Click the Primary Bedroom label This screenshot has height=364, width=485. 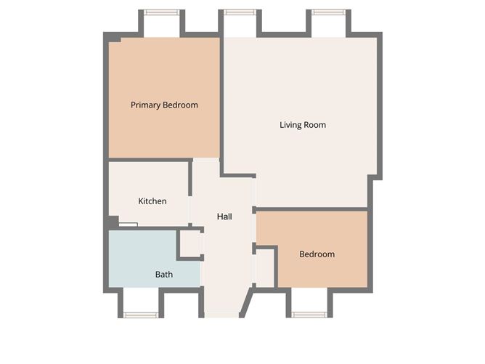tap(164, 105)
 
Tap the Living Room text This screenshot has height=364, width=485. tap(303, 125)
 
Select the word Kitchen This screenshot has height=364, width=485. tap(152, 201)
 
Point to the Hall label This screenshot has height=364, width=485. tap(224, 217)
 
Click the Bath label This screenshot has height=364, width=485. tap(164, 275)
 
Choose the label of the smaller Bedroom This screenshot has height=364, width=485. tap(317, 254)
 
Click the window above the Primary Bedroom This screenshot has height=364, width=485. tap(161, 12)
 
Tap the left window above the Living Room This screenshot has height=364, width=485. tap(240, 12)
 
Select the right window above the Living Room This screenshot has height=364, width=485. tap(329, 12)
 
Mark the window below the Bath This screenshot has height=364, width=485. tap(141, 315)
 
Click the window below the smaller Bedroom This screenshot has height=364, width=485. tap(309, 315)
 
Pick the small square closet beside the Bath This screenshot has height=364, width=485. tap(190, 243)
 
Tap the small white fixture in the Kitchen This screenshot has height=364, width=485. tap(129, 225)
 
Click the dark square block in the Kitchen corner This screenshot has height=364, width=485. tap(112, 222)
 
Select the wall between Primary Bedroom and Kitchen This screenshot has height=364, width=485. tap(149, 159)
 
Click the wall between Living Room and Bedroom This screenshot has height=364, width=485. tap(312, 209)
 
